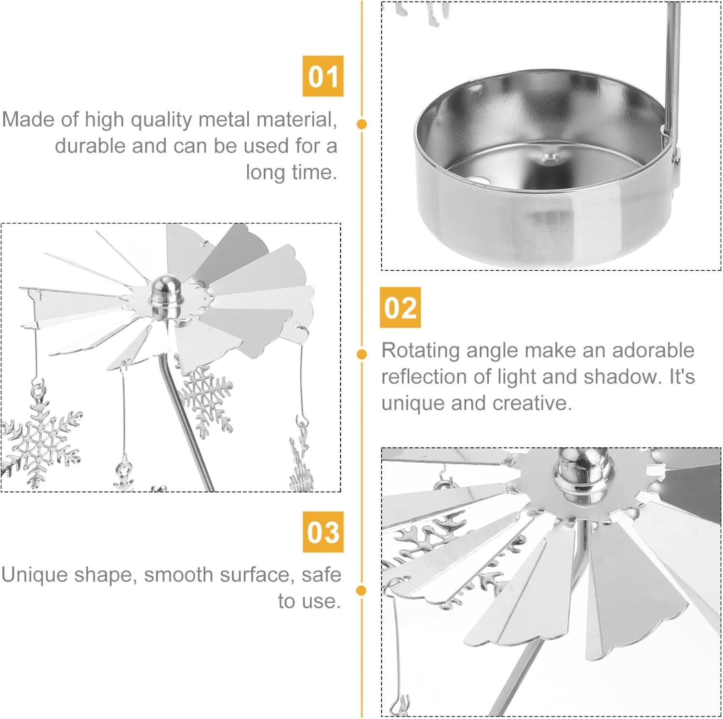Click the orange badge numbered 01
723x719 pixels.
(x=323, y=76)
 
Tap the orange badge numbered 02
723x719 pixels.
(x=400, y=307)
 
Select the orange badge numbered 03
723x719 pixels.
(x=323, y=532)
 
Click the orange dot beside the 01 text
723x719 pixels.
(x=362, y=124)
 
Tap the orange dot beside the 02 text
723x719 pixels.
(x=362, y=354)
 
